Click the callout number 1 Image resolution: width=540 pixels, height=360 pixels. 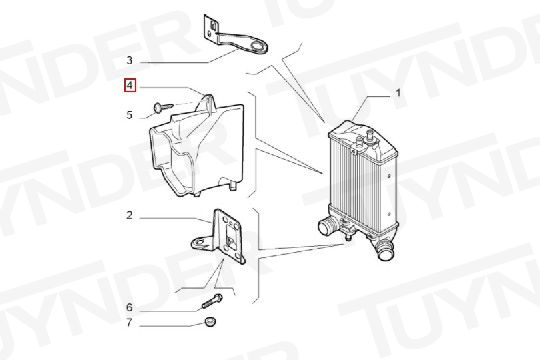click(399, 94)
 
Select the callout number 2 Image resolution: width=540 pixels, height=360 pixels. click(129, 215)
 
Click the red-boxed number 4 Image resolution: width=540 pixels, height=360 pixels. click(129, 87)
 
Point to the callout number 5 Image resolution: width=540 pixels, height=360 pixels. click(129, 114)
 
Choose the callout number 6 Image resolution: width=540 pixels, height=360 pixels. click(129, 306)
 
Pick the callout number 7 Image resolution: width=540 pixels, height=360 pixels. click(129, 324)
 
